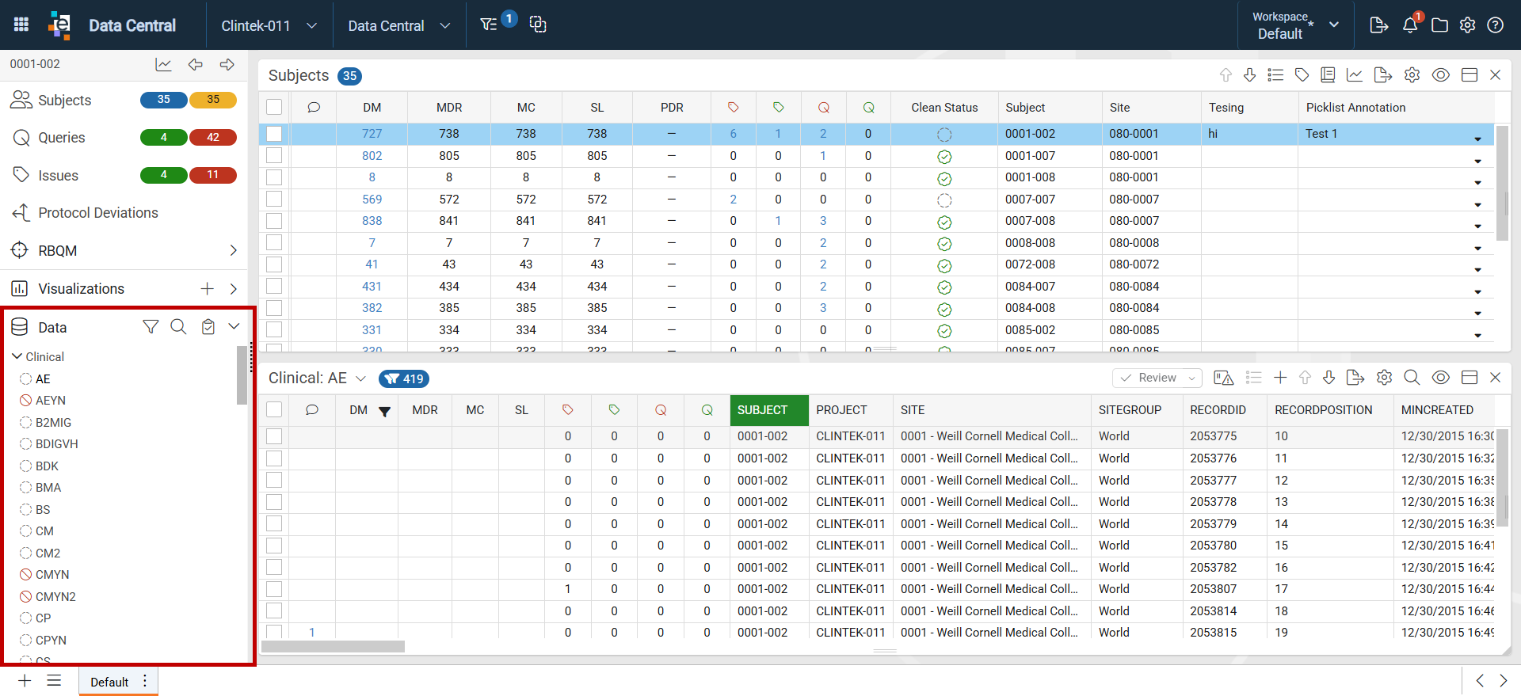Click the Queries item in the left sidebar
point(61,138)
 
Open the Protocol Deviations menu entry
point(98,213)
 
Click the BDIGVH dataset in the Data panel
point(56,444)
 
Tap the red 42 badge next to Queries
point(213,137)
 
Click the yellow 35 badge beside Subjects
point(213,100)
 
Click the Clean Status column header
point(944,108)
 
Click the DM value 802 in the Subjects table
point(372,156)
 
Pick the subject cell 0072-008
point(1030,264)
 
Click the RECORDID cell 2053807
point(1213,589)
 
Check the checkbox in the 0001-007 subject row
point(274,156)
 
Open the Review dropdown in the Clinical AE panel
point(1157,378)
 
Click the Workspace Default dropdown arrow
point(1334,25)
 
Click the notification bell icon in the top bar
point(1410,25)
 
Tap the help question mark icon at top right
point(1496,25)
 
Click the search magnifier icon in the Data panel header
point(178,327)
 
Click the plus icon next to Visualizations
point(207,289)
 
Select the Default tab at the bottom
point(109,682)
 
